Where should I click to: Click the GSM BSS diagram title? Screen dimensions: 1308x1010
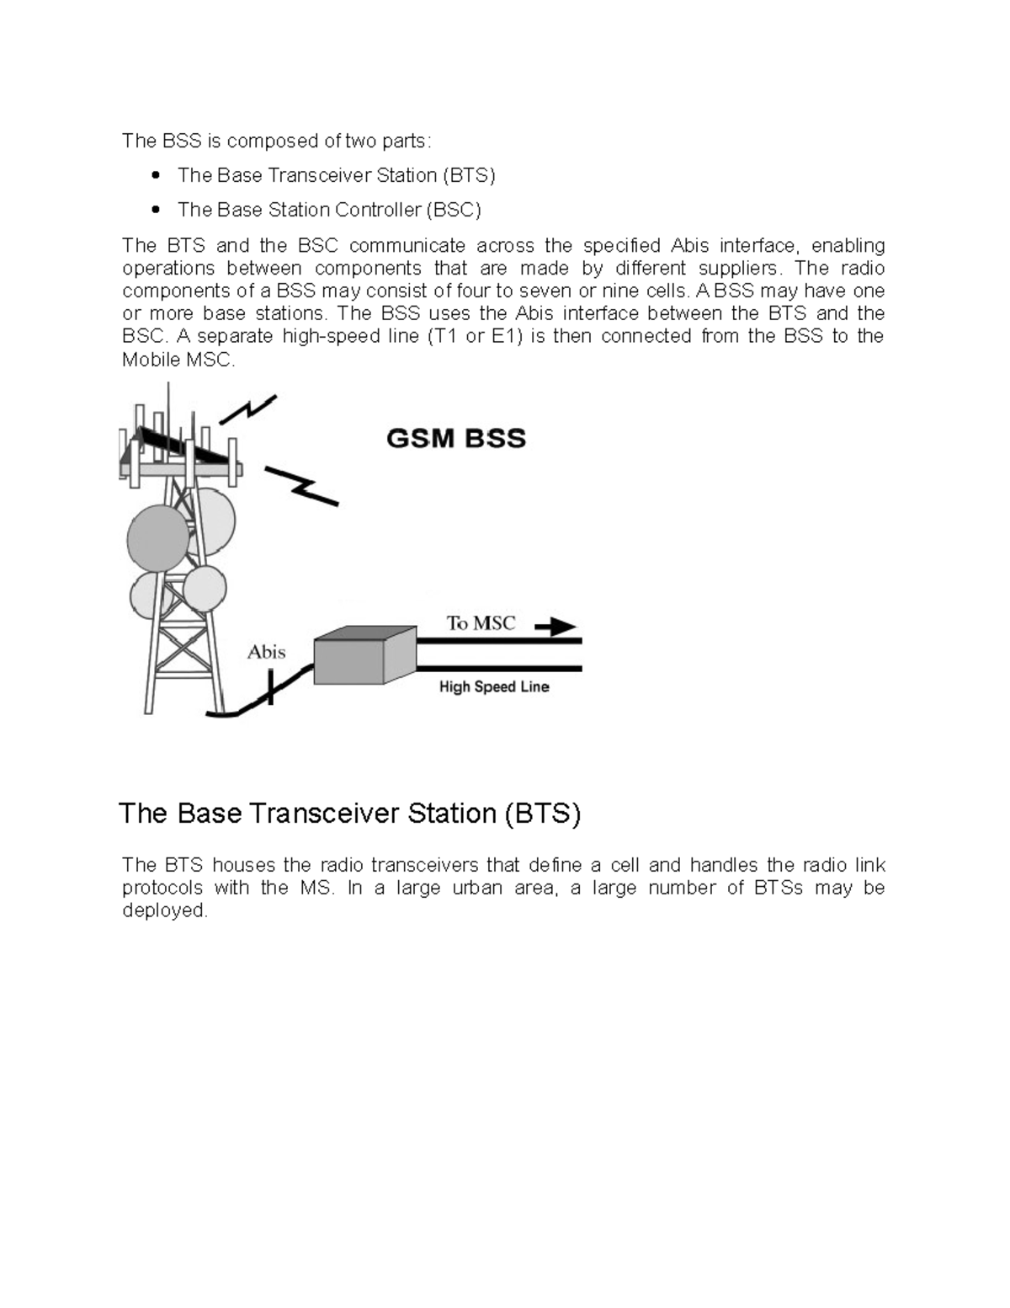(455, 439)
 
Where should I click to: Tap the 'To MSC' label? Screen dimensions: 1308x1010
(481, 623)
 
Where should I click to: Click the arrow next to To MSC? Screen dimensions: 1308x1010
(555, 627)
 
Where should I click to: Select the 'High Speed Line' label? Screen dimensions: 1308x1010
(494, 687)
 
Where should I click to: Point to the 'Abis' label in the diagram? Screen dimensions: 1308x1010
(266, 652)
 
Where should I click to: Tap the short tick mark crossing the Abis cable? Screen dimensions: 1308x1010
(270, 686)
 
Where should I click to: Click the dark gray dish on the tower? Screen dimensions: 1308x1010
(157, 538)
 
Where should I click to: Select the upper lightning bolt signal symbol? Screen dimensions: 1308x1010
(247, 409)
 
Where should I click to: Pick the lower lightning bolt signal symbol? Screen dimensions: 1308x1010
(301, 486)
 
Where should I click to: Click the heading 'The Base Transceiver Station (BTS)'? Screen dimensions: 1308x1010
(349, 814)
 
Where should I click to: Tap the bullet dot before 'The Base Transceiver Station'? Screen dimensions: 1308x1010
(155, 175)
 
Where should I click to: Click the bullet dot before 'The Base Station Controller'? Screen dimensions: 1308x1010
(155, 210)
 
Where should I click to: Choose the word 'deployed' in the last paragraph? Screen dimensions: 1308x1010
(164, 910)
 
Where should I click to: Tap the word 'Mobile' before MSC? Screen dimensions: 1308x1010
(146, 360)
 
